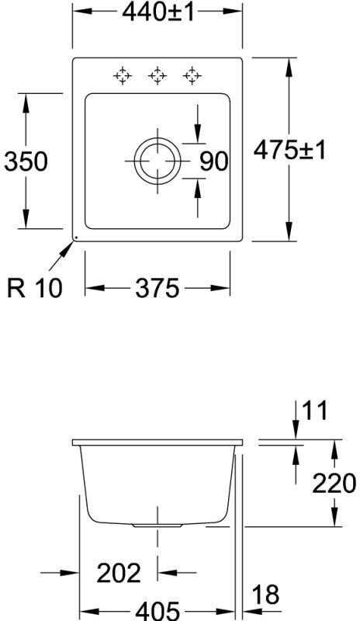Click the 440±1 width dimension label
pos(158,12)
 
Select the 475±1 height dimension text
pos(289,151)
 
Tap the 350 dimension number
pos(26,161)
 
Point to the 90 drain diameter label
pos(214,161)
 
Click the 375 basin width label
pos(157,288)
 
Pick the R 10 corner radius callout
pos(35,288)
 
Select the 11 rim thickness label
pos(315,411)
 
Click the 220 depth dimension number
pos(334,484)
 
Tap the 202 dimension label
pos(119,573)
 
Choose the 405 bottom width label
pos(157,610)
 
